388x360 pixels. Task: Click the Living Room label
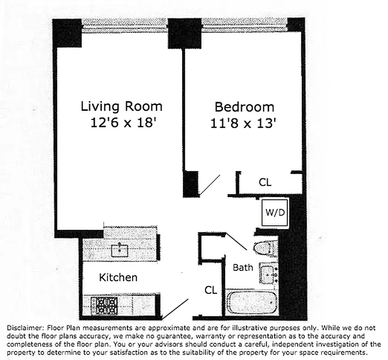click(121, 107)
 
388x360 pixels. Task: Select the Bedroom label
click(244, 107)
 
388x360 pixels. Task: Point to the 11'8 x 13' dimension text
click(243, 123)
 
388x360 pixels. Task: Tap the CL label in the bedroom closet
click(265, 183)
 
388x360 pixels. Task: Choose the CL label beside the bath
click(211, 290)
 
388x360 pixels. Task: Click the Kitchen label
click(118, 277)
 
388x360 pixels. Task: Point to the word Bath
click(243, 268)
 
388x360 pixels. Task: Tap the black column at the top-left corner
click(67, 33)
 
